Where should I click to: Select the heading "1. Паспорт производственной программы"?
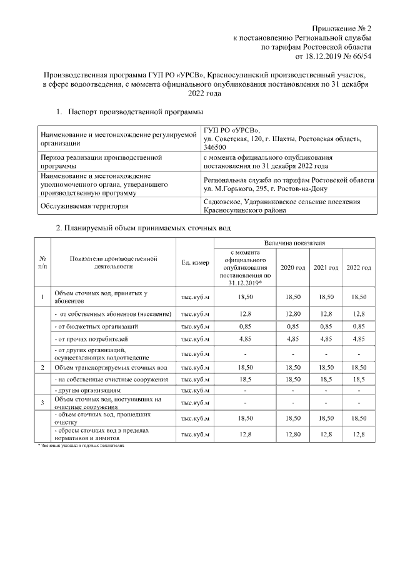(130, 112)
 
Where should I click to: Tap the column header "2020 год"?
(292, 267)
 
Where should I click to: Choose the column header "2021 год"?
(326, 267)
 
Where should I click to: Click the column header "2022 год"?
(359, 267)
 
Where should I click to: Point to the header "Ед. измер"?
(195, 263)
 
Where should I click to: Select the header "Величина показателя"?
(294, 242)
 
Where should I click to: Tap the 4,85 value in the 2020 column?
(292, 340)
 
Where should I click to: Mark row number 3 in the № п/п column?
(42, 402)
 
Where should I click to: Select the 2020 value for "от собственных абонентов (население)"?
(292, 313)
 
